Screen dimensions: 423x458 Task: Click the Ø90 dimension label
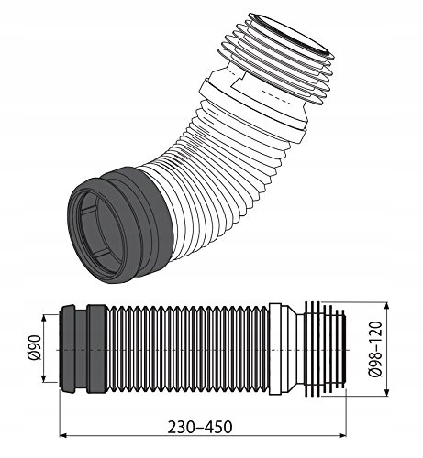(36, 347)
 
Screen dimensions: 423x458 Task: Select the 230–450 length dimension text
(200, 427)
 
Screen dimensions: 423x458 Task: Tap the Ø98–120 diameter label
(376, 349)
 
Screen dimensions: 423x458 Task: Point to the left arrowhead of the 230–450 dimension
(62, 435)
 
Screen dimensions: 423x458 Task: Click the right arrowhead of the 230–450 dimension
(342, 435)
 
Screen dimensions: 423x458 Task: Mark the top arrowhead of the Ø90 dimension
(44, 319)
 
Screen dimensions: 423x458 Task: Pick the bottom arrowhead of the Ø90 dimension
(44, 377)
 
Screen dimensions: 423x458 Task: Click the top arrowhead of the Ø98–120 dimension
(387, 307)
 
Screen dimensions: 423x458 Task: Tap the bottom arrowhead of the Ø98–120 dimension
(387, 392)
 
